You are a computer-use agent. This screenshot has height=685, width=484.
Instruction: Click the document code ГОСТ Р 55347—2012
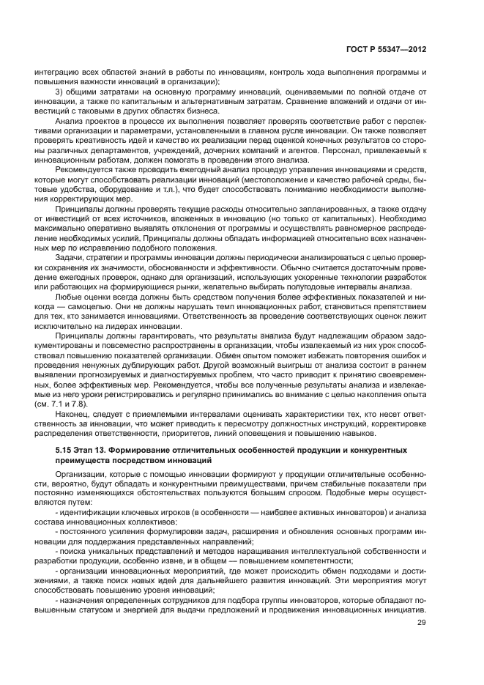pyautogui.click(x=390, y=50)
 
